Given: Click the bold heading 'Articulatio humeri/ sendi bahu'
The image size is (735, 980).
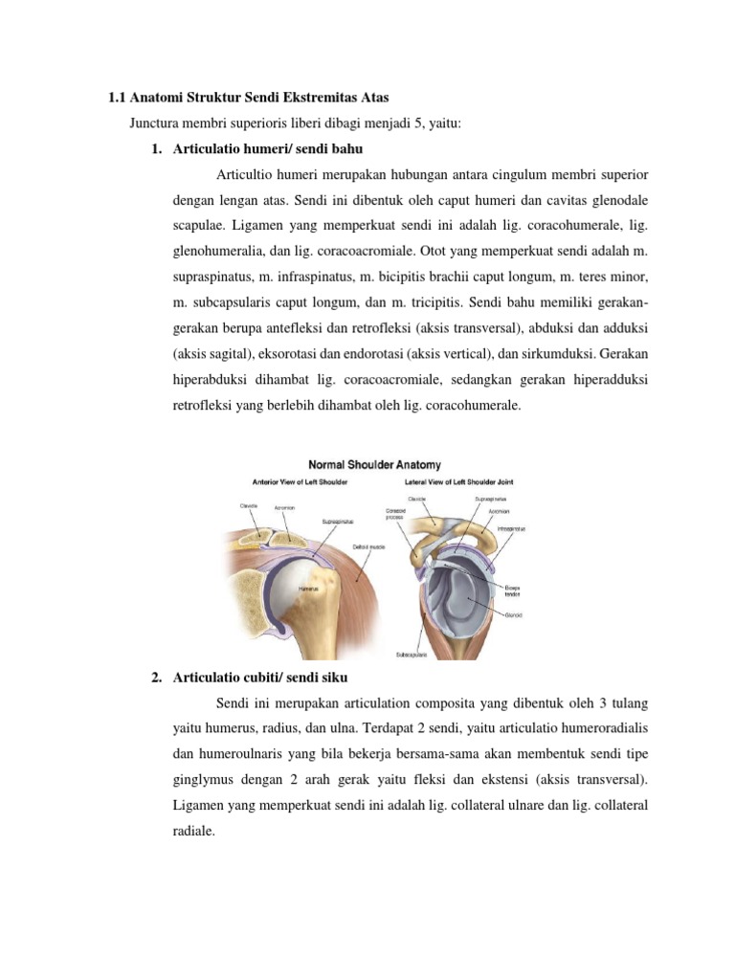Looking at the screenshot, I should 267,149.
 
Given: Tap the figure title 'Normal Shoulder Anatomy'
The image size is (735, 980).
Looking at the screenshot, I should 374,465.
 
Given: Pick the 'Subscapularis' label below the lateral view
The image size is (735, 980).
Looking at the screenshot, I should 412,656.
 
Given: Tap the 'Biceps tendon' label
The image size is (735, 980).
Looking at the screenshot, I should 513,589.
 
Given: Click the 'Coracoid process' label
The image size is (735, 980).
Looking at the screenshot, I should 397,514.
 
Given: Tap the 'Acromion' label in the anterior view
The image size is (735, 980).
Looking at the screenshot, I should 284,508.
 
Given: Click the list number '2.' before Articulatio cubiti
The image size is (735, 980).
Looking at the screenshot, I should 157,679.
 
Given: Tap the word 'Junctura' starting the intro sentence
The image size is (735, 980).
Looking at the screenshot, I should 155,123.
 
